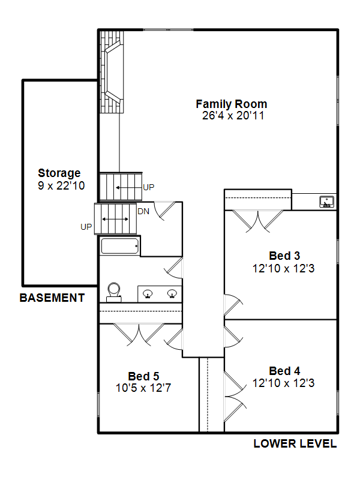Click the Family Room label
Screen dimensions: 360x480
[x=232, y=104]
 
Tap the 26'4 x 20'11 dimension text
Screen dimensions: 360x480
[x=233, y=116]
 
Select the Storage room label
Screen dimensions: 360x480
[x=59, y=173]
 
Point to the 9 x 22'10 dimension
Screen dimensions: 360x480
[x=61, y=185]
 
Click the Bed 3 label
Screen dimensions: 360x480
[x=284, y=256]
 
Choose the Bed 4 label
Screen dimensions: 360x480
[x=284, y=371]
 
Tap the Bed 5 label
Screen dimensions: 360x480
[x=143, y=376]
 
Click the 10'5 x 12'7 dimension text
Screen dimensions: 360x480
[x=143, y=388]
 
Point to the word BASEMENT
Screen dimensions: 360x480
[x=52, y=298]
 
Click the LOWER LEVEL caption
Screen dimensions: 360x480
[x=295, y=443]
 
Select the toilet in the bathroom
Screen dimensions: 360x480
[x=113, y=293]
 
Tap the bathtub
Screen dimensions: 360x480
[x=119, y=246]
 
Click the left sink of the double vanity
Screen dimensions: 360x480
[x=148, y=293]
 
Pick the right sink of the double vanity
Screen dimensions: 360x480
[x=172, y=293]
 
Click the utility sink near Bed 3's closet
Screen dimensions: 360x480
[x=326, y=202]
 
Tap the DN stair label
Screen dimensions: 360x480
[x=143, y=211]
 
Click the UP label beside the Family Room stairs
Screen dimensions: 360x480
[x=149, y=187]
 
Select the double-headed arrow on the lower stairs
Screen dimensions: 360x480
[x=115, y=219]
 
